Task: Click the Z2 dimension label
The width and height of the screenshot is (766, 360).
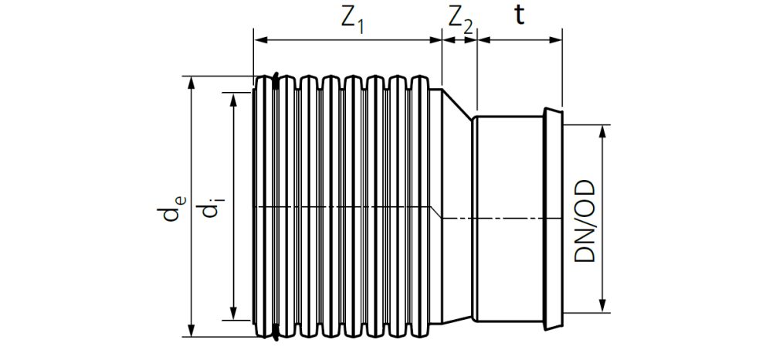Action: coord(458,21)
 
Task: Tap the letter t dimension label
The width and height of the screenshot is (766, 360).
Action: coord(520,15)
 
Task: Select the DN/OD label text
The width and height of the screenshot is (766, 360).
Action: coord(585,220)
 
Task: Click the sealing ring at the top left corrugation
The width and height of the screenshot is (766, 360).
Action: coord(274,80)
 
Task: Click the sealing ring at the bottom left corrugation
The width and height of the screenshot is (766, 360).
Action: coord(274,334)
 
